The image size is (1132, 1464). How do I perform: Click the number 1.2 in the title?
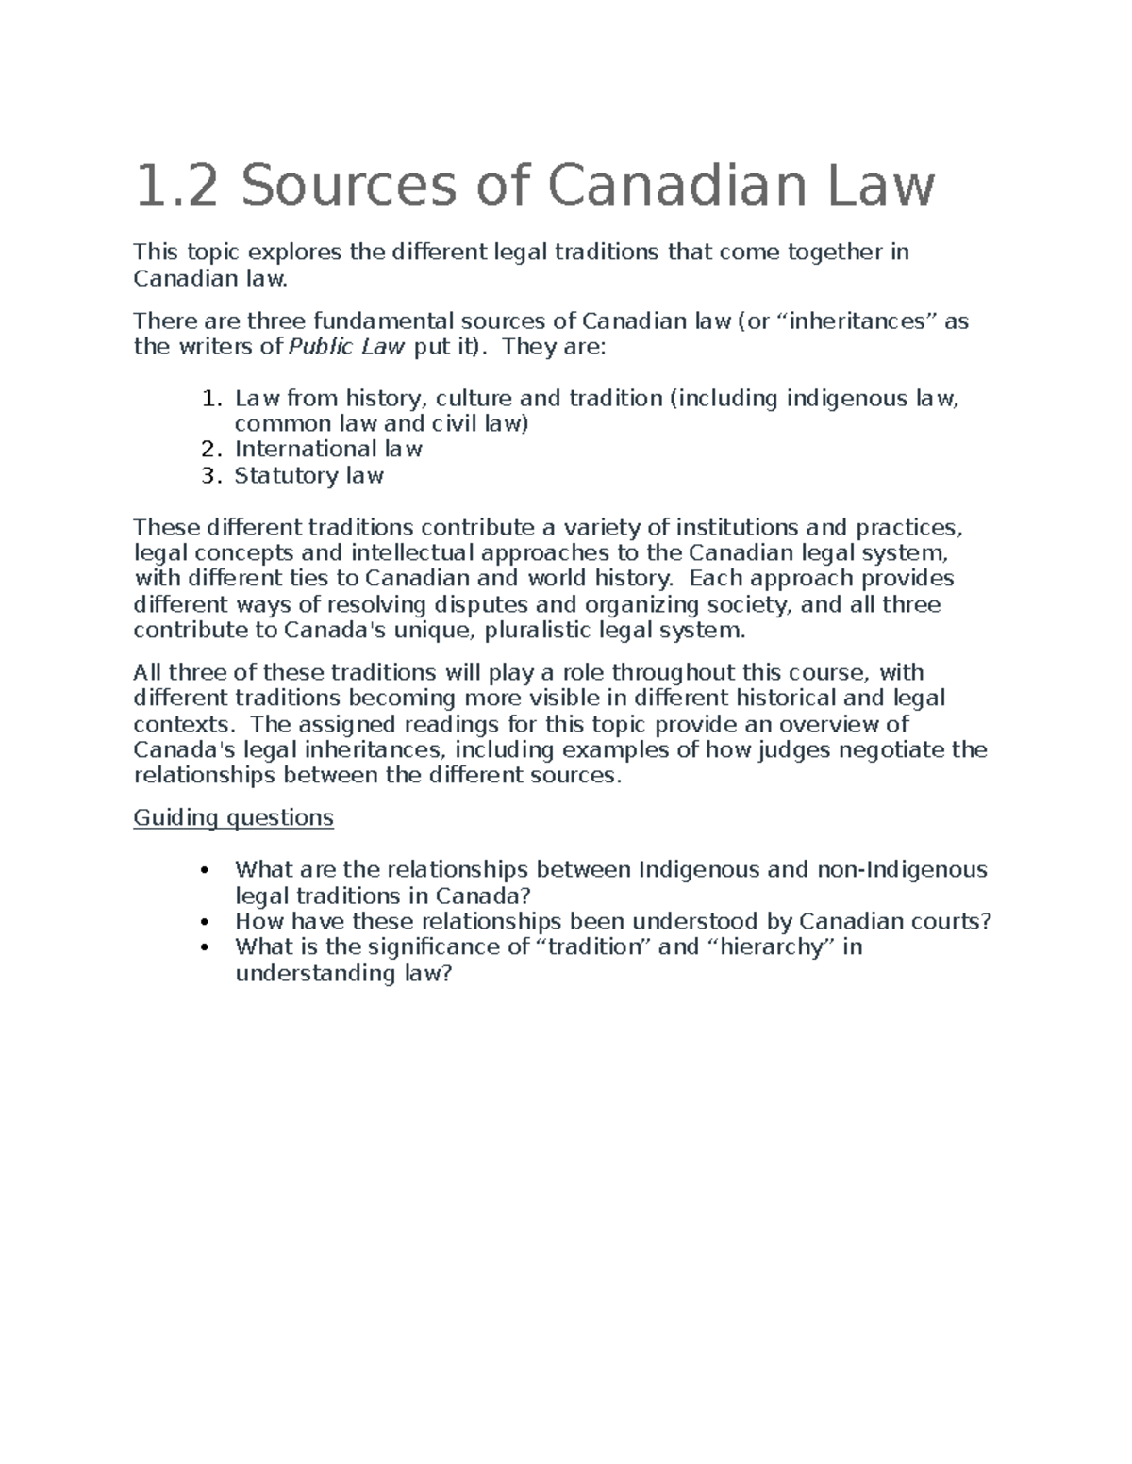[176, 186]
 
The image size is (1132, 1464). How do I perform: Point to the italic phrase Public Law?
[346, 347]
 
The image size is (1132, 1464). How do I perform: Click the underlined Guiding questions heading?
[233, 817]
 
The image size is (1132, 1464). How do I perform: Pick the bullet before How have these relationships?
[207, 922]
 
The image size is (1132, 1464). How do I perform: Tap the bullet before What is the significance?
[207, 947]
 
